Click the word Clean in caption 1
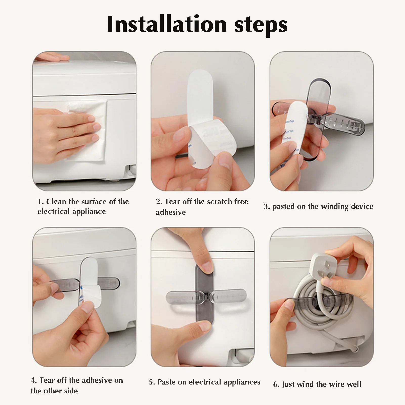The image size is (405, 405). click(56, 202)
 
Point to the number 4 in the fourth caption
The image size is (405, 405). click(33, 380)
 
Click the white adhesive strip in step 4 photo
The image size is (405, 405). click(91, 283)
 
